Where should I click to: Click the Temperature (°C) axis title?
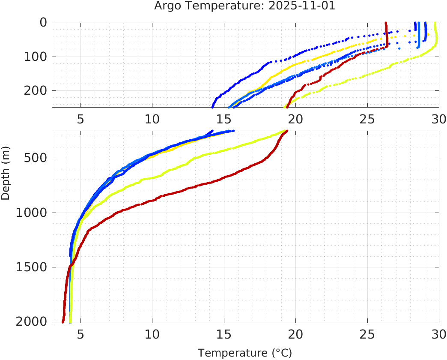tap(245, 353)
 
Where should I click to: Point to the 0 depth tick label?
tap(43, 22)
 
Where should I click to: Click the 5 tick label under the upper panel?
tap(80, 119)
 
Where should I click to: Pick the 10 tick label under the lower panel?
tap(152, 334)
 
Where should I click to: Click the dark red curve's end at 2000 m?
tap(63, 321)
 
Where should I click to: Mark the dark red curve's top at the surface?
tap(386, 23)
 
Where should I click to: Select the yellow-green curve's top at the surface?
tap(435, 23)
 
